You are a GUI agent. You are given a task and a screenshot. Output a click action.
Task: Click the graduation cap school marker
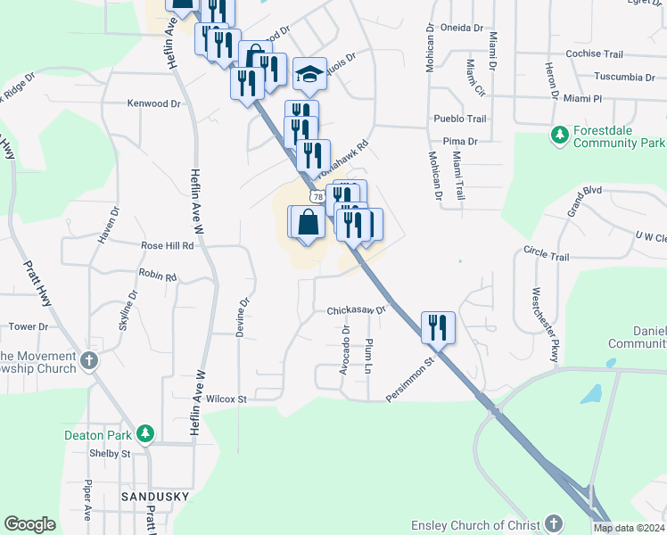[309, 75]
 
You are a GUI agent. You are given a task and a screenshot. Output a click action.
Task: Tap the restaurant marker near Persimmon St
[437, 327]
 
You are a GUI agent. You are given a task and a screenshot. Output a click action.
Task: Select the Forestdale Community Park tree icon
[559, 135]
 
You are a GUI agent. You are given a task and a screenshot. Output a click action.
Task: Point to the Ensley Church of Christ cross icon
[554, 523]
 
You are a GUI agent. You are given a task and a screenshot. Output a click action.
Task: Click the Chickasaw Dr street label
[355, 310]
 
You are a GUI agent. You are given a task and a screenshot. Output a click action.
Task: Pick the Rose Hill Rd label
[167, 245]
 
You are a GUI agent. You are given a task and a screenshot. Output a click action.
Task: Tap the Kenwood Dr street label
[153, 103]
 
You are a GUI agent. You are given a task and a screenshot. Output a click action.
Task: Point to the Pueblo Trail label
[459, 119]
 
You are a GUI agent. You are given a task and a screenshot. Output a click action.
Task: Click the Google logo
[30, 523]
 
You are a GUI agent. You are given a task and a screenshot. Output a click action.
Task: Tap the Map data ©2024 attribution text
[629, 528]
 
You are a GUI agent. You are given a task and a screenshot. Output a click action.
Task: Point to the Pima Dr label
[460, 141]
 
